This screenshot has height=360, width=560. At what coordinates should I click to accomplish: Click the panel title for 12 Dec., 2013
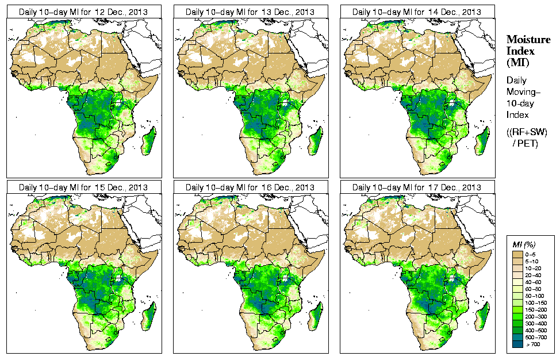tap(83, 12)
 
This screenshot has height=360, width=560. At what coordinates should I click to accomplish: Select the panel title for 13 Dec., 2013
tap(250, 12)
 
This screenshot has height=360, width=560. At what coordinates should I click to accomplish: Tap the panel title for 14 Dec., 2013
tap(417, 12)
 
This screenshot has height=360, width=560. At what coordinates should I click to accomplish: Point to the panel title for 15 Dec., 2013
tap(83, 187)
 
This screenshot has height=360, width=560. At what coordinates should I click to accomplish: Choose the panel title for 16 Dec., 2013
tap(250, 187)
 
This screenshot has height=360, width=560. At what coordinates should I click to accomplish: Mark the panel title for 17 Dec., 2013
tap(417, 187)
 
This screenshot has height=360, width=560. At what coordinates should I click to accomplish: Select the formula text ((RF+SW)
tap(527, 132)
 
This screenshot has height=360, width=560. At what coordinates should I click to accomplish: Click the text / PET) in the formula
tap(526, 143)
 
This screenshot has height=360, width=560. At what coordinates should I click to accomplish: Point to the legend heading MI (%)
tap(523, 245)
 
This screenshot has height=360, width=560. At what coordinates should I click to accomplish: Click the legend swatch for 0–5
tap(517, 254)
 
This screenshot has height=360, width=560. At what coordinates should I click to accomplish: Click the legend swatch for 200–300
tap(517, 316)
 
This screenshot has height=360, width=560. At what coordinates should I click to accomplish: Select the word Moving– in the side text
tap(524, 92)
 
